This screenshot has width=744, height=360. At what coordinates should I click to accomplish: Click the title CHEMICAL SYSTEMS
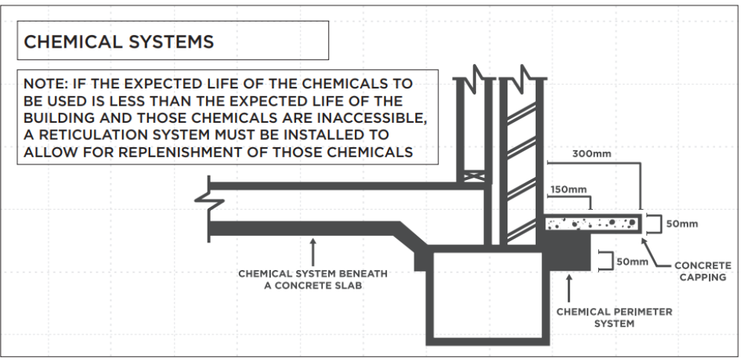(119, 42)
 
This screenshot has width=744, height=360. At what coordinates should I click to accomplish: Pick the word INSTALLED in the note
(350, 135)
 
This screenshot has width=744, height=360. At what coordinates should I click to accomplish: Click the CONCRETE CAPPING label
(702, 271)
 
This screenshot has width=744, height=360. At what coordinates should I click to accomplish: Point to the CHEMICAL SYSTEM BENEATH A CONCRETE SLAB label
(312, 279)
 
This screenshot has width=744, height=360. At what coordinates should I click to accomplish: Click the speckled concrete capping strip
(593, 223)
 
